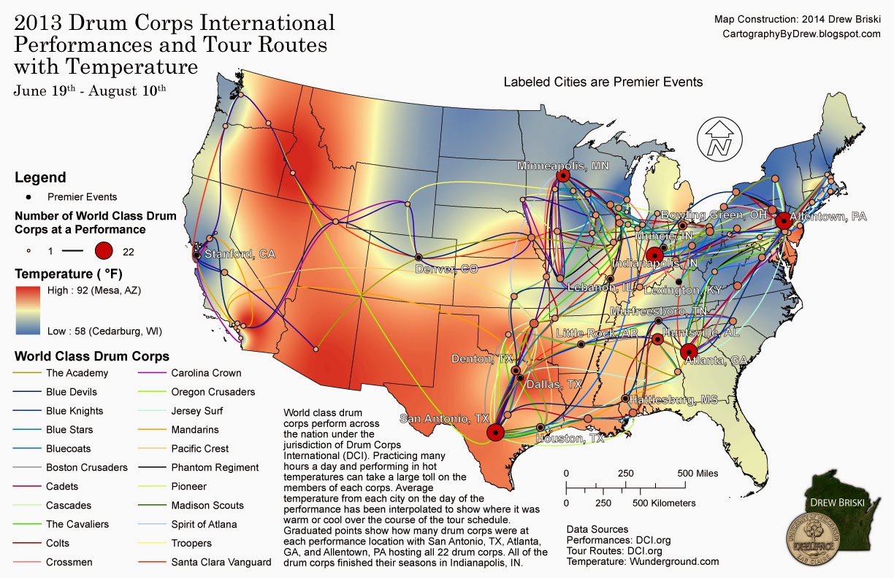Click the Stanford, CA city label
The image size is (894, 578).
(239, 255)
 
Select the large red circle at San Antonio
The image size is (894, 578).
(495, 432)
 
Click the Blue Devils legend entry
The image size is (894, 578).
(72, 392)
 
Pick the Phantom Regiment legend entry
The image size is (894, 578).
(214, 467)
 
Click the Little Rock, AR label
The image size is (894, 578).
(597, 333)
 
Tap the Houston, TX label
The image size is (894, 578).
(570, 439)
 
